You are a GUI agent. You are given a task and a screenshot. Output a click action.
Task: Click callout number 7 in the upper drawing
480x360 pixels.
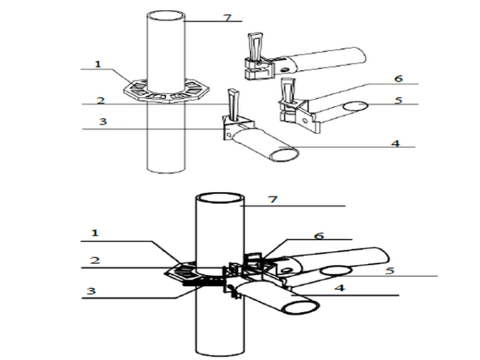(227, 18)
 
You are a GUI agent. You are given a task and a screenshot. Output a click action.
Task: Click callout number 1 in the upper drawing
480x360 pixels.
(98, 64)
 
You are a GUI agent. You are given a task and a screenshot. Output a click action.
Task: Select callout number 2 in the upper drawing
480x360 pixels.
(100, 100)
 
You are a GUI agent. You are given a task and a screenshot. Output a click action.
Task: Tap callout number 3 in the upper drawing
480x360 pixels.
(103, 121)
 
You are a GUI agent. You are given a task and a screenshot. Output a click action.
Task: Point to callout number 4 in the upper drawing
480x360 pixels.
(395, 143)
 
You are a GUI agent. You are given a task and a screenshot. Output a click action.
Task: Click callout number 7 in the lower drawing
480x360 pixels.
(273, 200)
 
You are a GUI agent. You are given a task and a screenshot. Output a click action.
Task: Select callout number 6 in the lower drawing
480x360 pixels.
(319, 236)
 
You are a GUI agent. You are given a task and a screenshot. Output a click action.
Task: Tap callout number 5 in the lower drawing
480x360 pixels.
(390, 270)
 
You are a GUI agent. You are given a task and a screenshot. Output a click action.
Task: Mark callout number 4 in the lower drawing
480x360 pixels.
(340, 288)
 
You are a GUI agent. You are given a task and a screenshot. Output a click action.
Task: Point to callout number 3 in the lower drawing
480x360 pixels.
(91, 291)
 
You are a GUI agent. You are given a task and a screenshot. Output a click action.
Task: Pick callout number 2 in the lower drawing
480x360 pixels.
(95, 260)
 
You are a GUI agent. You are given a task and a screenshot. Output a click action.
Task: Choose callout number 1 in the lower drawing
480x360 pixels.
(95, 233)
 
